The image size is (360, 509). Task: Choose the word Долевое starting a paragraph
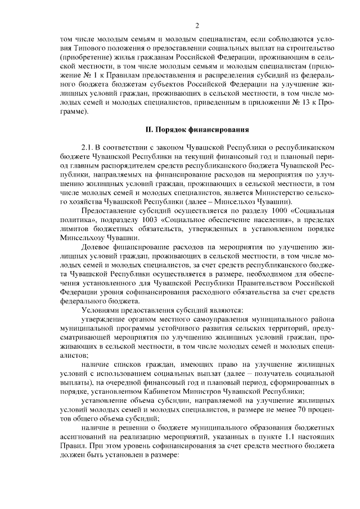pos(98,248)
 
